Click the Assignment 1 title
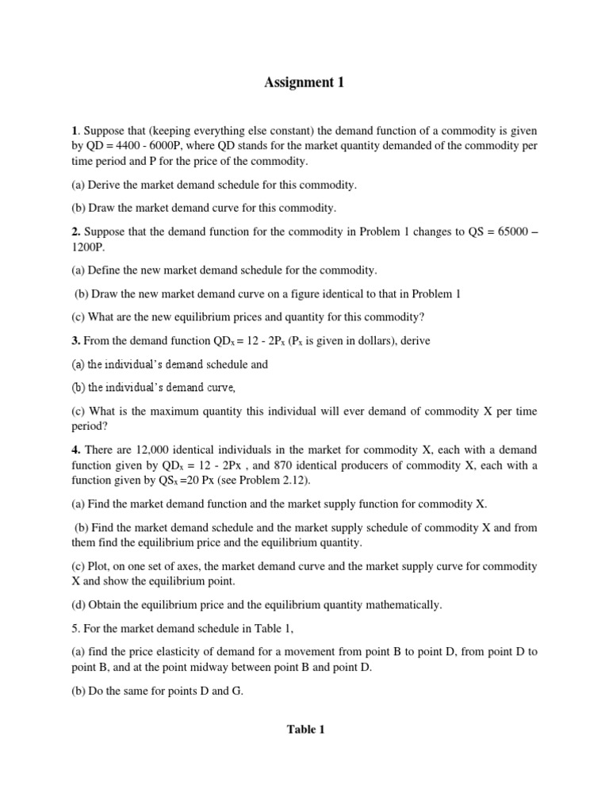point(304,82)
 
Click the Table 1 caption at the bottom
point(305,730)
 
